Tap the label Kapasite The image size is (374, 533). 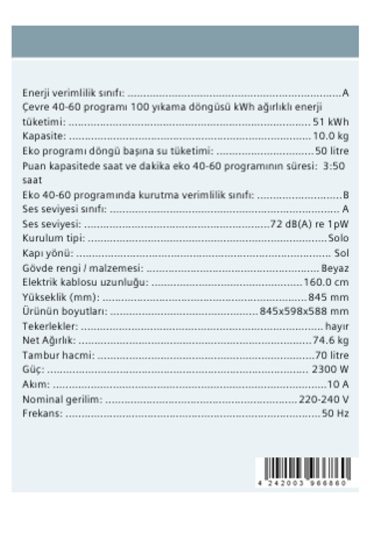point(42,134)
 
